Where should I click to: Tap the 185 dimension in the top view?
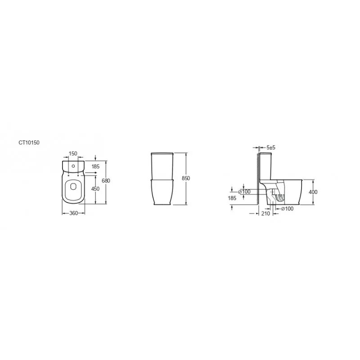(x=95, y=166)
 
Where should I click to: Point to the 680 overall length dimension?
(x=106, y=180)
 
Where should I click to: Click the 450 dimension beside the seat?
(x=95, y=189)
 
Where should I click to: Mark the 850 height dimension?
(x=186, y=178)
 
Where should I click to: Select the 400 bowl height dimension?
(x=313, y=192)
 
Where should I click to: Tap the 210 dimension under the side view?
(x=265, y=213)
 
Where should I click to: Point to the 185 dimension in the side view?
(x=232, y=198)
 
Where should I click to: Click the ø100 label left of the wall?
(x=246, y=192)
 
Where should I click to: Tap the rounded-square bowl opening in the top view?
(x=72, y=189)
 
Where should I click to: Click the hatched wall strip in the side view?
(x=257, y=180)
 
